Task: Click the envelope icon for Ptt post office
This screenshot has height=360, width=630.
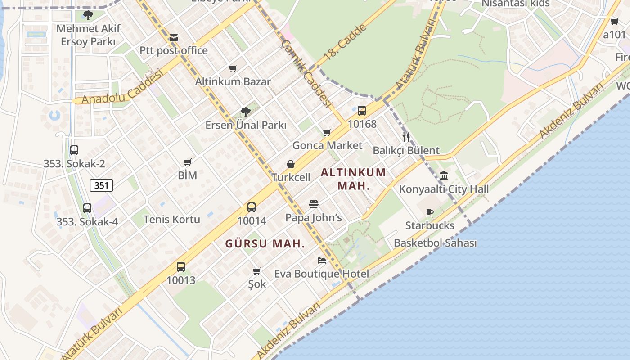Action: pyautogui.click(x=174, y=38)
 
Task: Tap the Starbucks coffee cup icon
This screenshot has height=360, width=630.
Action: pyautogui.click(x=430, y=212)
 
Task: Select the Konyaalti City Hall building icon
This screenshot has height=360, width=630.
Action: pyautogui.click(x=444, y=175)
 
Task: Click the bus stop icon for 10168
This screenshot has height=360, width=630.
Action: pyautogui.click(x=362, y=111)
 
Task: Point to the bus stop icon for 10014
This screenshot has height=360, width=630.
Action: pyautogui.click(x=252, y=207)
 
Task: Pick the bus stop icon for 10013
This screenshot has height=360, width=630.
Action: pyautogui.click(x=181, y=267)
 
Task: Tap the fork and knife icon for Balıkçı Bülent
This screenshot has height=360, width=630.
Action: pyautogui.click(x=406, y=137)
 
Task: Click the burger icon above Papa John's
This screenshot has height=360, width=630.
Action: pyautogui.click(x=314, y=204)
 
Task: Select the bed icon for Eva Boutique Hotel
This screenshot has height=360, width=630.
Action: pyautogui.click(x=322, y=260)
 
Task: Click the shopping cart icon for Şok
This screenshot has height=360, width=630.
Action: pyautogui.click(x=257, y=271)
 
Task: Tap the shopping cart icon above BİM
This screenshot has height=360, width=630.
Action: pyautogui.click(x=188, y=162)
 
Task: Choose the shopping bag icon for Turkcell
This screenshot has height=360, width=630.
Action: pyautogui.click(x=291, y=164)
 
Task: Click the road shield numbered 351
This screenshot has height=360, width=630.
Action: pyautogui.click(x=101, y=185)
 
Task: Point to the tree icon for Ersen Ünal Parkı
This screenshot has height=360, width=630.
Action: pyautogui.click(x=245, y=112)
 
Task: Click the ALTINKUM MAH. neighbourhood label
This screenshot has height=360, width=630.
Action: pyautogui.click(x=353, y=179)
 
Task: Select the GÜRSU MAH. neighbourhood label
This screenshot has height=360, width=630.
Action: pyautogui.click(x=265, y=244)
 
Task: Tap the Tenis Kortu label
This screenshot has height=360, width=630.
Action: pyautogui.click(x=171, y=219)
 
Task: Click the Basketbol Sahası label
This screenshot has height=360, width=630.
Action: pyautogui.click(x=435, y=243)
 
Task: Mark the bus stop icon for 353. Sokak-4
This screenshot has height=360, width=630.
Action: pyautogui.click(x=87, y=208)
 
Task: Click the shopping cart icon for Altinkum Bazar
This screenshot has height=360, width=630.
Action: pyautogui.click(x=233, y=68)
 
